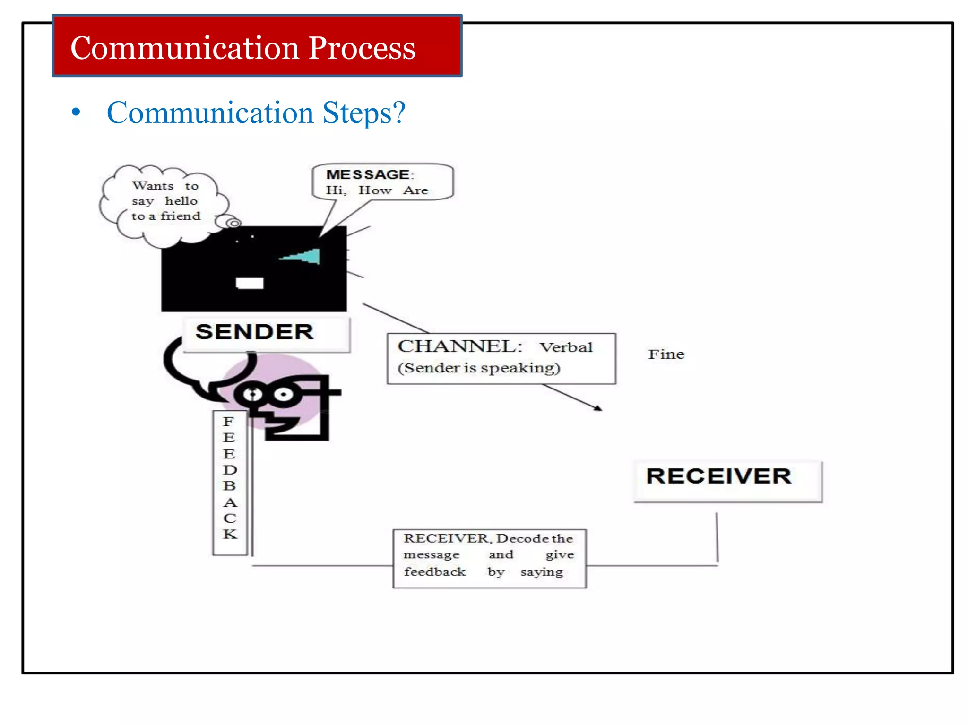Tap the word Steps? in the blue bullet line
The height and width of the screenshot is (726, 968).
coord(364,113)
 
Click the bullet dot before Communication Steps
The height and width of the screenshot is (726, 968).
coord(76,112)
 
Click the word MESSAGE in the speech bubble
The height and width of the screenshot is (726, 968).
coord(368,175)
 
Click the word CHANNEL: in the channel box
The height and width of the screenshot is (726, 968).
coord(459,347)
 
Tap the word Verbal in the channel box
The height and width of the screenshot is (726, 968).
coord(566,348)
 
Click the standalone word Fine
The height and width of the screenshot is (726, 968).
coord(666,354)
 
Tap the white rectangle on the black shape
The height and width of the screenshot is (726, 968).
coord(250,283)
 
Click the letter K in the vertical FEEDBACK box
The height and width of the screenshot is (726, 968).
coord(230,534)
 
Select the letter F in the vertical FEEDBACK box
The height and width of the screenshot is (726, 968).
coord(228,421)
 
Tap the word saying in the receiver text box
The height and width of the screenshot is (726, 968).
coord(541,572)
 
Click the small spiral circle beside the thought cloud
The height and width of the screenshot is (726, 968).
coord(233,223)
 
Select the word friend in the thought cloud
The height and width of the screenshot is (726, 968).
coord(180,216)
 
